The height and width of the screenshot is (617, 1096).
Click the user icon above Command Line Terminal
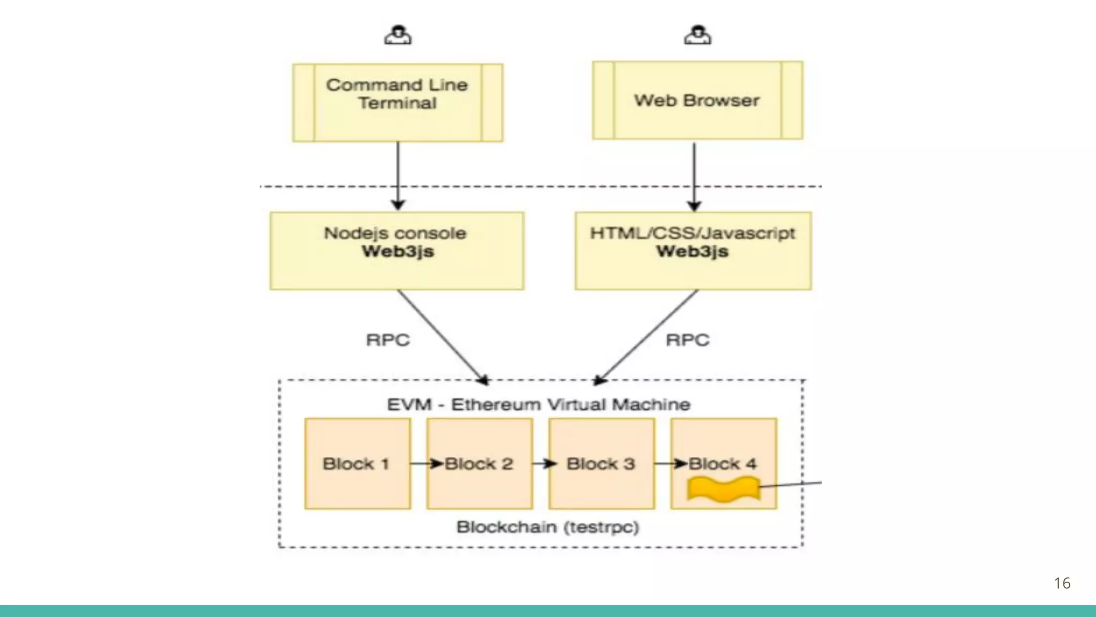[x=398, y=35]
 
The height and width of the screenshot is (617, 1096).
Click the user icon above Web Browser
[x=697, y=35]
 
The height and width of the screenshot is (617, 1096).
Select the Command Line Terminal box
[x=398, y=103]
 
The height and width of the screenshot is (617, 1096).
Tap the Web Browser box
[x=697, y=100]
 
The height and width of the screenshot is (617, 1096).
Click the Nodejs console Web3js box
[x=397, y=251]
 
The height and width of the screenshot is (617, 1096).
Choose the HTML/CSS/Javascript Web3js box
[x=693, y=251]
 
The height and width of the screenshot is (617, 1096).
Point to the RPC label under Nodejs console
[x=387, y=340]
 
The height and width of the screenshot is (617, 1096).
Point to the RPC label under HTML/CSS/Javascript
[x=687, y=340]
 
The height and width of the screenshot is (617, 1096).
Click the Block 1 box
[x=357, y=464]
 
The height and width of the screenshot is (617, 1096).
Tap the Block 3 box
[x=602, y=464]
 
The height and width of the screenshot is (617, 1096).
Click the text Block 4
[x=722, y=463]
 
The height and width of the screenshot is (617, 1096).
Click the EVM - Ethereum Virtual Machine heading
[x=538, y=404]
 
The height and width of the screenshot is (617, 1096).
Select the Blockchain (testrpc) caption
[x=547, y=527]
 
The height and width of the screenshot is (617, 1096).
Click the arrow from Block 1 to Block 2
[x=427, y=463]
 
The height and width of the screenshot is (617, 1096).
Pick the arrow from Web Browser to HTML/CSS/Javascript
[x=694, y=177]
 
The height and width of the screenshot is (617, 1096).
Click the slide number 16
[x=1062, y=583]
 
